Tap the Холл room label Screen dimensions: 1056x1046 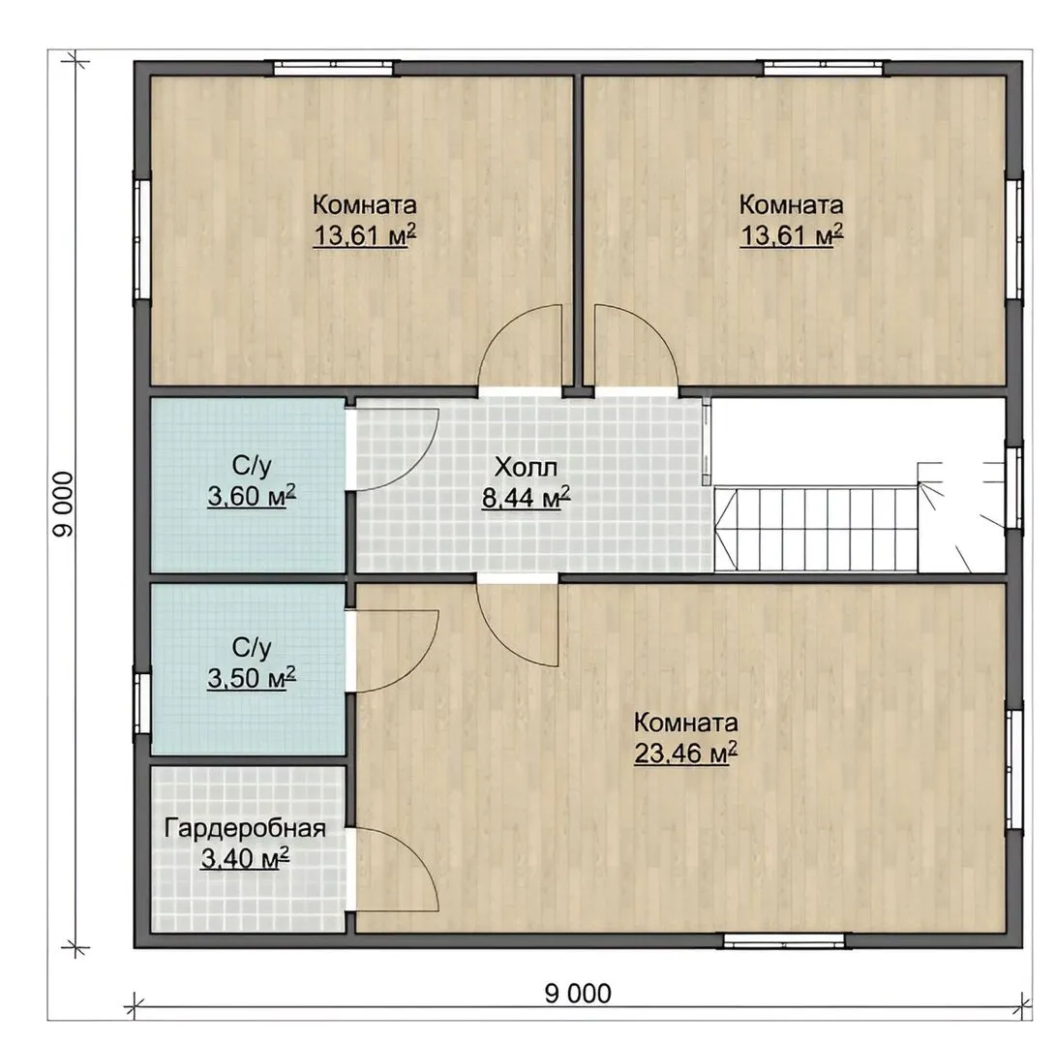click(526, 467)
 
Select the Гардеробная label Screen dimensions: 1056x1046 click(245, 828)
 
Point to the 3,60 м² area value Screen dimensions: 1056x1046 click(252, 496)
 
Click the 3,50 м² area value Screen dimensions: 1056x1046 click(252, 678)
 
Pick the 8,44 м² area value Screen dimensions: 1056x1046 click(526, 498)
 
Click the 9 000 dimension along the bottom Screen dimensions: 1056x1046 click(578, 993)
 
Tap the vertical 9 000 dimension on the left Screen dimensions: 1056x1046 click(63, 505)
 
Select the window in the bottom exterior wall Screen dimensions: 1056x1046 click(784, 940)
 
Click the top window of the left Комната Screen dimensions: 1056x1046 click(333, 68)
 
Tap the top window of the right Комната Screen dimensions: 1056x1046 click(823, 68)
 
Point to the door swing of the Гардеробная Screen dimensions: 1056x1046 click(413, 849)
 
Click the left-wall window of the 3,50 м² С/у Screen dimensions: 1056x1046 click(141, 703)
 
